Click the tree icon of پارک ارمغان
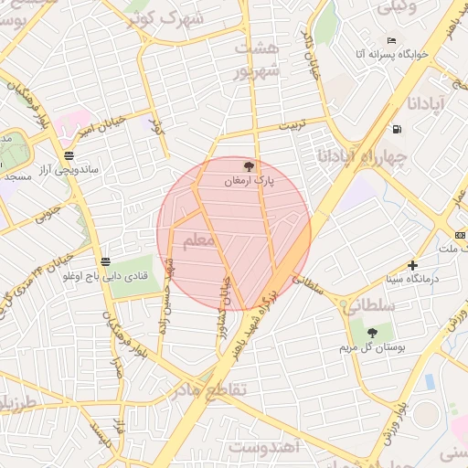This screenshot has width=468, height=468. pyautogui.click(x=249, y=165)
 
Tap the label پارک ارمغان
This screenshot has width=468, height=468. pyautogui.click(x=249, y=182)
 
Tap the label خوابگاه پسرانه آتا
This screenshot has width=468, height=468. pyautogui.click(x=386, y=56)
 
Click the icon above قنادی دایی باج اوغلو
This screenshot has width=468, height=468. pyautogui.click(x=106, y=261)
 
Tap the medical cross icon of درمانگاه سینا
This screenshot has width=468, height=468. pyautogui.click(x=413, y=264)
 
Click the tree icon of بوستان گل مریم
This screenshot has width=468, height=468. pyautogui.click(x=372, y=330)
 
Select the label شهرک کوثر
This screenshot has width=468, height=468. pyautogui.click(x=177, y=20)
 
